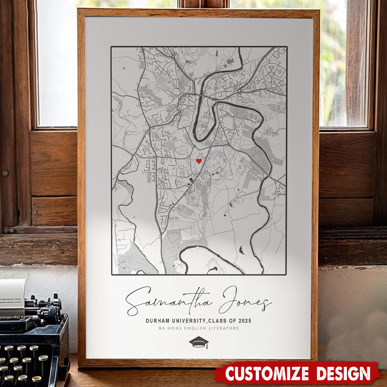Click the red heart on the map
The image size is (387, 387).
point(199,161)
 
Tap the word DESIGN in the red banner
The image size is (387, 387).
point(342,373)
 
